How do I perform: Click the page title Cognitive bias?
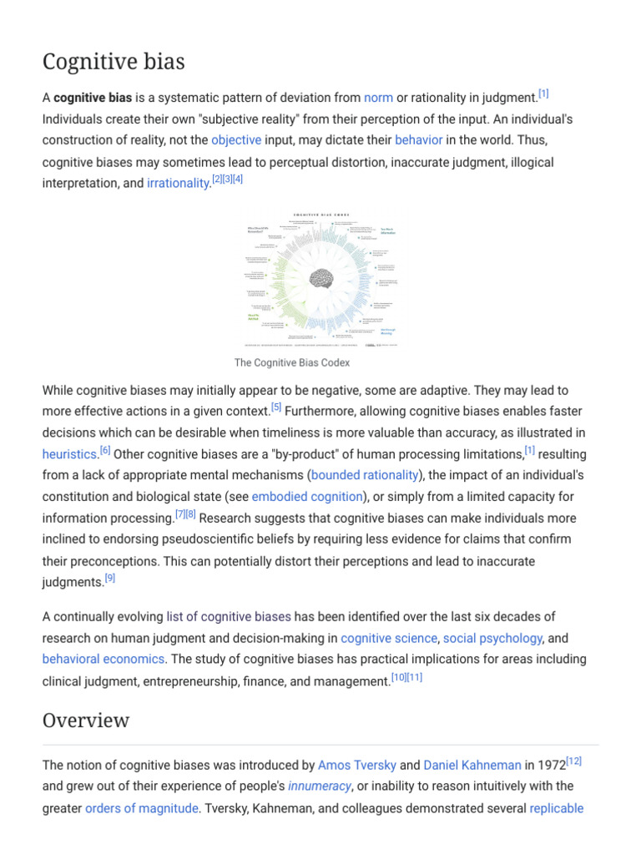pos(114,62)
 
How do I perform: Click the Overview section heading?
pos(86,720)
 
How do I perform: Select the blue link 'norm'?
pos(378,98)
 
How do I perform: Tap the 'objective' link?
pos(236,140)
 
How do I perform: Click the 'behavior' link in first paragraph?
pos(418,140)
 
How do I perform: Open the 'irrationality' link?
pos(178,184)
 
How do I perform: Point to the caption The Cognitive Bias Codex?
pos(292,362)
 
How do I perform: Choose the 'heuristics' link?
pos(69,455)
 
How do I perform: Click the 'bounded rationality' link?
pos(365,475)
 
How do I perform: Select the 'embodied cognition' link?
pos(307,497)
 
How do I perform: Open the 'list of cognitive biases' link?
pos(229,617)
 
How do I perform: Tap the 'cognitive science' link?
pos(389,639)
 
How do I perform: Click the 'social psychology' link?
pos(492,639)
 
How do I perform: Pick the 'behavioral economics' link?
pos(103,660)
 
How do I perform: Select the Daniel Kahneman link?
pos(472,765)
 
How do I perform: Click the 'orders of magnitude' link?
pos(142,808)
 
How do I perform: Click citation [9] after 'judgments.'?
pos(110,579)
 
